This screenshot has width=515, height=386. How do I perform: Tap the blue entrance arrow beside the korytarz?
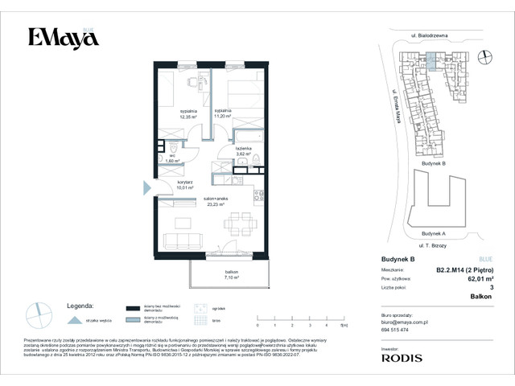tap(146, 187)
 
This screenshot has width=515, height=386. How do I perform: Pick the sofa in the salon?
tap(181, 240)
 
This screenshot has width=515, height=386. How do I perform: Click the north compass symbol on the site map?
tap(484, 55)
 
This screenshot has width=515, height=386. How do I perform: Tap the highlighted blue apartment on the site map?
tap(433, 59)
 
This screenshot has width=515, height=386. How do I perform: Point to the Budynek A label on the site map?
tap(434, 233)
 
